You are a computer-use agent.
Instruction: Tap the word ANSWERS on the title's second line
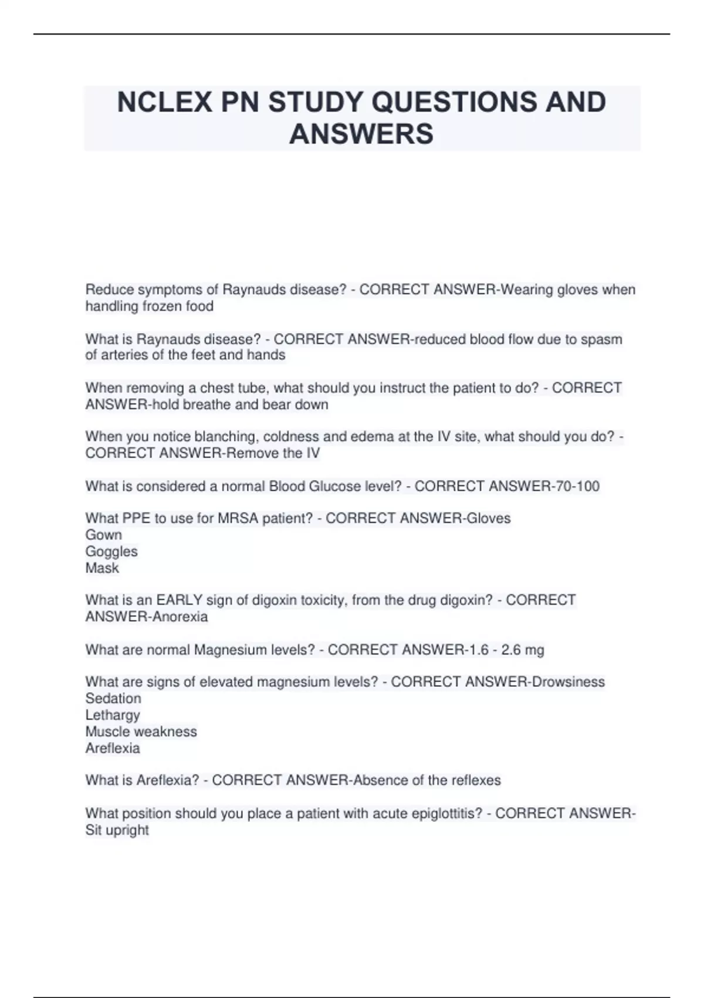click(361, 134)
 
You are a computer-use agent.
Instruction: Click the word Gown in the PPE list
click(104, 535)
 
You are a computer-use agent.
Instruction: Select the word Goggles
click(111, 551)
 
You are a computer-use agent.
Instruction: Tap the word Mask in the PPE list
click(102, 568)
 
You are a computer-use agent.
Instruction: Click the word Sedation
click(113, 699)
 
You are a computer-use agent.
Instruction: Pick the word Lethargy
click(113, 715)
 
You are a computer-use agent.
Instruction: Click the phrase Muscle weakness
click(141, 731)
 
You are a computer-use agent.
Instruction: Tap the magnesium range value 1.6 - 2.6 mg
click(507, 650)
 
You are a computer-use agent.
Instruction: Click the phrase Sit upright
click(117, 830)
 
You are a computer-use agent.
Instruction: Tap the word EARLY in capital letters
click(171, 600)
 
